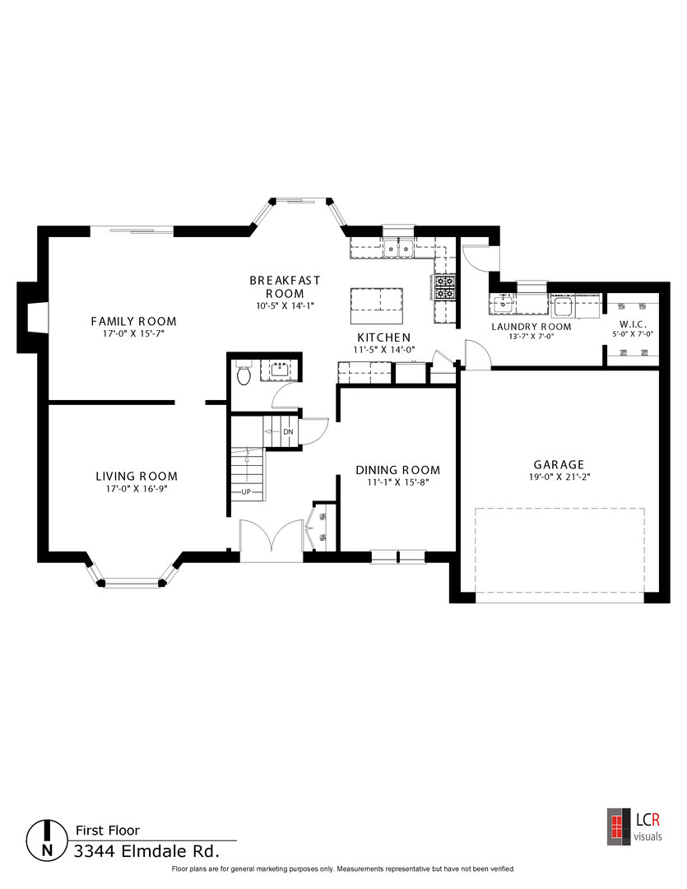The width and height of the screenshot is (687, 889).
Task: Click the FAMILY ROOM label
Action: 134,322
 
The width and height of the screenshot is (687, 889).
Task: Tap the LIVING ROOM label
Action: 137,477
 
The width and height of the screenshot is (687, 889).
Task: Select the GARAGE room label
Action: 559,465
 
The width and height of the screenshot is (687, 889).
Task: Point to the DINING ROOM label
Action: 398,470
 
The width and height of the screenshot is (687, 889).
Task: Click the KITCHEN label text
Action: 383,338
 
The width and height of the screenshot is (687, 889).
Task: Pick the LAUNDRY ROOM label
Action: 531,327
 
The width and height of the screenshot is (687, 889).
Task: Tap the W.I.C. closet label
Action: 633,325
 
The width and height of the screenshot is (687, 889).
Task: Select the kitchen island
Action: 377,306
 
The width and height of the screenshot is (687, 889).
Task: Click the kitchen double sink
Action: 398,248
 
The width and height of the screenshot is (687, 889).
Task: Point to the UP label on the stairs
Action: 246,491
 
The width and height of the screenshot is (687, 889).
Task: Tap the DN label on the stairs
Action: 289,432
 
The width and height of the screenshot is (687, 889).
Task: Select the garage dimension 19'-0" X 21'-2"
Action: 559,477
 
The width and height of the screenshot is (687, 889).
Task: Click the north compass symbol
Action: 47,840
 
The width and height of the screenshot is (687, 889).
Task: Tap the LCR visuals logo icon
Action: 619,826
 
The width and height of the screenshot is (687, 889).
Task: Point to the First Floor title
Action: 108,831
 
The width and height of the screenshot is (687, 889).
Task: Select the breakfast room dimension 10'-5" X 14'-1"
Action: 285,305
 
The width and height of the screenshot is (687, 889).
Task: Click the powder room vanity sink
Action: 278,370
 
